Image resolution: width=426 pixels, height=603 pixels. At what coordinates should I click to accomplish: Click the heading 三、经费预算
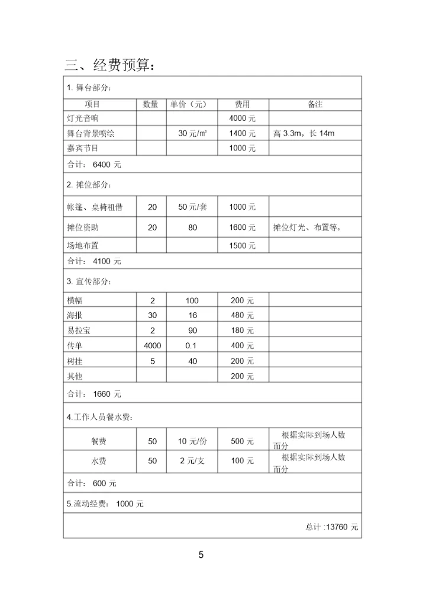111,65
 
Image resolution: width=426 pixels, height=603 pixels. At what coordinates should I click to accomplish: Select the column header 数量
151,104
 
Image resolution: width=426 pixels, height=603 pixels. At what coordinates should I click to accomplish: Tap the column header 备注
315,104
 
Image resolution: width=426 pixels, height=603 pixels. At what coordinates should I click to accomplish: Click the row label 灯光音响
83,118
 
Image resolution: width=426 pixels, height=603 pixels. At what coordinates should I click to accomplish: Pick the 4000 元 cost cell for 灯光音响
243,118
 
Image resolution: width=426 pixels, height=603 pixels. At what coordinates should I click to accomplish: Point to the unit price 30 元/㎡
192,134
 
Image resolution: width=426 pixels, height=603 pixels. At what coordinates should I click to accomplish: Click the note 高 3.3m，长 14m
304,134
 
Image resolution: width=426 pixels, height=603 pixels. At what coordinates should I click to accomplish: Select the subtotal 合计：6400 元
94,164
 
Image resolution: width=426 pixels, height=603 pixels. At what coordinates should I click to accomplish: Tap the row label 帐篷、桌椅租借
95,207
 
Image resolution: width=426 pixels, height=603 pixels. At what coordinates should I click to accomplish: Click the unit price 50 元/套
192,207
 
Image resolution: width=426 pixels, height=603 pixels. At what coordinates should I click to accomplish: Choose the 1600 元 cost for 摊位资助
243,227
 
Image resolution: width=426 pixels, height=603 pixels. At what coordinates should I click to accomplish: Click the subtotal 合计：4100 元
94,261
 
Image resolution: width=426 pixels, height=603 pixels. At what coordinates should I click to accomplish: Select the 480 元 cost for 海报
243,316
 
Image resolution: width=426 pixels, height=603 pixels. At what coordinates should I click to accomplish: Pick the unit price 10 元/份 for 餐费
192,441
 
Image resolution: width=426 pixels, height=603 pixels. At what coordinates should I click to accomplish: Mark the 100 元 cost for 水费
243,461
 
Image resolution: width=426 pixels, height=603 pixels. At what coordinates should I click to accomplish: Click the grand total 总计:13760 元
332,527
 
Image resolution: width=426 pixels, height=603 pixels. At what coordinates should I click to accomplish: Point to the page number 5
201,555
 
